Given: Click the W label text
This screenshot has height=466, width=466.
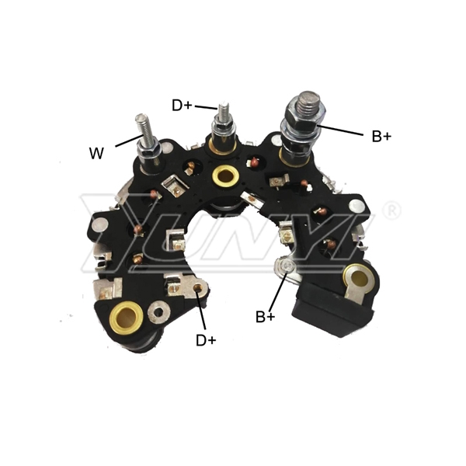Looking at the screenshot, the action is coord(96,153).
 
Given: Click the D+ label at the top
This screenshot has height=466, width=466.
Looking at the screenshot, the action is coord(183,105).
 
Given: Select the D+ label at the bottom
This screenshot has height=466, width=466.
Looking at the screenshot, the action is coord(206,340).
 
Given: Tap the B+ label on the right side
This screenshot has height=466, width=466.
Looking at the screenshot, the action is coord(381,137).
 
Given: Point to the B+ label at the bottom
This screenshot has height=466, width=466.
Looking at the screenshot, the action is coord(266,317).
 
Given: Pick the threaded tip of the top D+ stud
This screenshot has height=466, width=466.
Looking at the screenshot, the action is coord(224,110).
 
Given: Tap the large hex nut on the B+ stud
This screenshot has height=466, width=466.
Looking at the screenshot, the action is coord(305,116).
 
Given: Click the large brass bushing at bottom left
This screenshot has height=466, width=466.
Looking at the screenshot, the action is coord(127,318).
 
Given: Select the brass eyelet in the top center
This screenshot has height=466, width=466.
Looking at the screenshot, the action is coord(225,176).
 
